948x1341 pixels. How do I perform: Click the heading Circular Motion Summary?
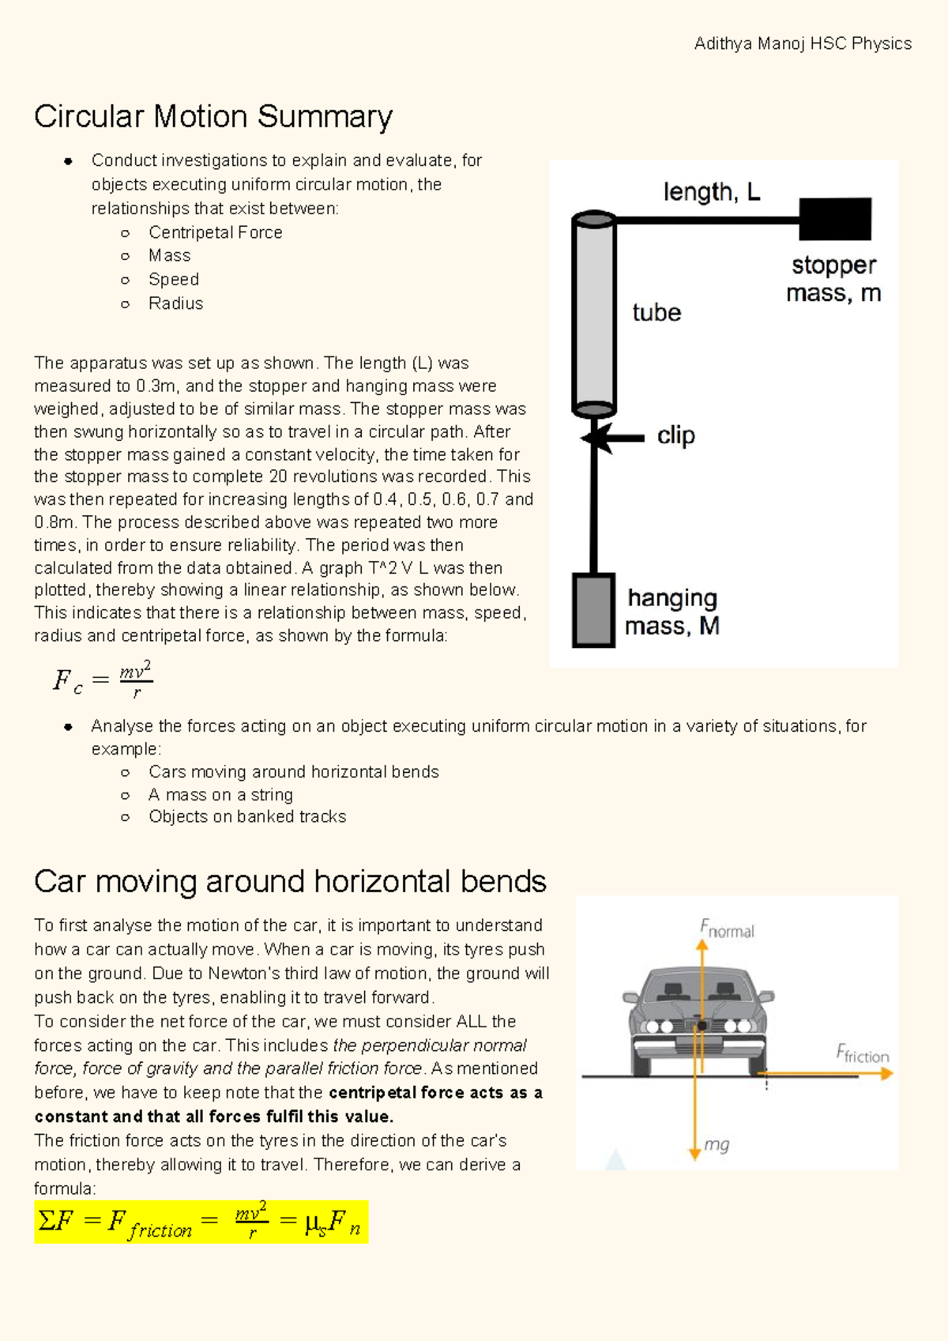tap(213, 117)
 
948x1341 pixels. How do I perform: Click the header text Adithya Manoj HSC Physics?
tap(802, 43)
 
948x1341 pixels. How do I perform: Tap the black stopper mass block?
tap(834, 219)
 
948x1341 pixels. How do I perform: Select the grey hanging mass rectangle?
tap(593, 610)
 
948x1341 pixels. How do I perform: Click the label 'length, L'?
tap(711, 192)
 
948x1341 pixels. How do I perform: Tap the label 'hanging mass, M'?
tap(671, 612)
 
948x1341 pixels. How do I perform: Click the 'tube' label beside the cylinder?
tap(656, 313)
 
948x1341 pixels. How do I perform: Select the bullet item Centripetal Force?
tap(215, 232)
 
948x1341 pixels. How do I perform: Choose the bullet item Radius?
tap(175, 303)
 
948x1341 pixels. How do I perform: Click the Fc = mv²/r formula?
tap(103, 679)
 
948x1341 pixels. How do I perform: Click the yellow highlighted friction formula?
tap(201, 1222)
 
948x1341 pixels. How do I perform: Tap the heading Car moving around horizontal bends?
tap(290, 881)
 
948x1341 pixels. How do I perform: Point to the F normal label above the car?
tap(727, 929)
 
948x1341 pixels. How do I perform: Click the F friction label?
tap(862, 1053)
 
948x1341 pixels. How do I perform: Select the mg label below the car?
tap(717, 1144)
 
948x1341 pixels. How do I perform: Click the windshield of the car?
tap(698, 988)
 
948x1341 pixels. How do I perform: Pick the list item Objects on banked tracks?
tap(247, 817)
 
